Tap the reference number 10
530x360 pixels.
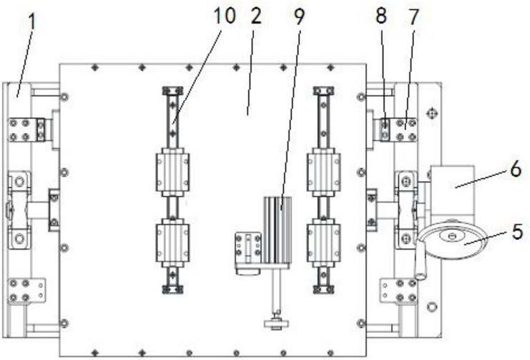click(225, 16)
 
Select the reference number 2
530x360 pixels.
click(256, 16)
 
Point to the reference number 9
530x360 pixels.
click(299, 16)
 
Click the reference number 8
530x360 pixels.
click(381, 16)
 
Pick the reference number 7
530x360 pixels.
click(413, 16)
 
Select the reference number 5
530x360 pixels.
click(517, 232)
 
